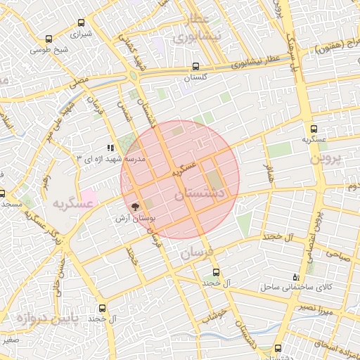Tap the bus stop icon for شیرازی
(x=49, y=39)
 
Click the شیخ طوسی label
(x=53, y=49)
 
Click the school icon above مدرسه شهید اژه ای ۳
(x=110, y=148)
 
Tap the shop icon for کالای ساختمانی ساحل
(x=304, y=277)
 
